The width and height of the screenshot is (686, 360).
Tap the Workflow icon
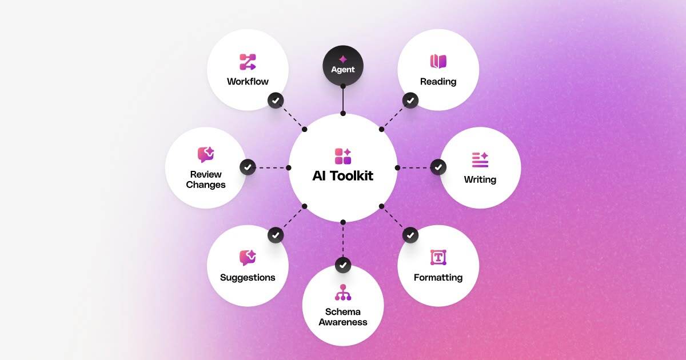[x=248, y=62]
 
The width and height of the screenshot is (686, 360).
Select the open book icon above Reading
[x=438, y=61]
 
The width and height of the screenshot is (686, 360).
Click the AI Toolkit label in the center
[x=343, y=175]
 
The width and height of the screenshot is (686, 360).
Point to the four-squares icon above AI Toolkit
[x=343, y=156]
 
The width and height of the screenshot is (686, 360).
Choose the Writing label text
[x=480, y=179]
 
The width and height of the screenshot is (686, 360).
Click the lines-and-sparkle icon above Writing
[x=480, y=159]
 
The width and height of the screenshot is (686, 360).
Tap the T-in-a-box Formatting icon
[x=438, y=258]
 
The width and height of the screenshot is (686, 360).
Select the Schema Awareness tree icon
[x=343, y=292]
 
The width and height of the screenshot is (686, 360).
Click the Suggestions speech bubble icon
[x=248, y=258]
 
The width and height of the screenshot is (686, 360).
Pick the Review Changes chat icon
[x=206, y=154]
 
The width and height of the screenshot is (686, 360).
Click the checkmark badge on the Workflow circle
[x=276, y=101]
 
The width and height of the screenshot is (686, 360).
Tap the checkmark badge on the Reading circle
[x=410, y=101]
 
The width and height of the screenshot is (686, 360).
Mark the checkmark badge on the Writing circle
[x=438, y=167]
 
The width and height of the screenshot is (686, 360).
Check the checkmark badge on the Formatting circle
[x=410, y=235]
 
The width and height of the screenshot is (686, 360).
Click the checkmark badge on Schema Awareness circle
[x=343, y=265]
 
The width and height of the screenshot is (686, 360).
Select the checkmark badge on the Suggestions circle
[x=276, y=235]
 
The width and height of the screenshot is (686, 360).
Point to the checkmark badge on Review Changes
[x=248, y=167]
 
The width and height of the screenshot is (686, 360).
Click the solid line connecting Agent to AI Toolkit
[x=343, y=100]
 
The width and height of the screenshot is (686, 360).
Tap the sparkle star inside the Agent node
[x=343, y=59]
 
